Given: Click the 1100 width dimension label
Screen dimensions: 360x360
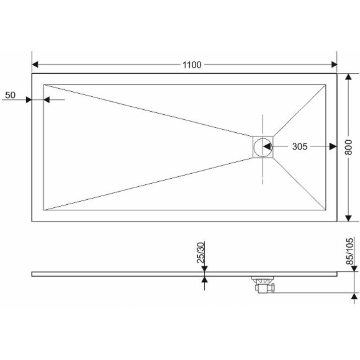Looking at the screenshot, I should click(192, 65).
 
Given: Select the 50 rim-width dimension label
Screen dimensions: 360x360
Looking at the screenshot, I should click(10, 95).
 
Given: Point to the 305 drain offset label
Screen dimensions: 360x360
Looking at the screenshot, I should click(300, 146).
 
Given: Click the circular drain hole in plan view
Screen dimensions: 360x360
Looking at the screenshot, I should click(263, 147).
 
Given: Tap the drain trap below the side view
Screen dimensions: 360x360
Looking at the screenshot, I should click(263, 286).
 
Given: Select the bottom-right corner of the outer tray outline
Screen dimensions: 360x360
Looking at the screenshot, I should click(337, 221).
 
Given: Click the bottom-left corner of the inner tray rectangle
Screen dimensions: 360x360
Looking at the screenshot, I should click(43, 210).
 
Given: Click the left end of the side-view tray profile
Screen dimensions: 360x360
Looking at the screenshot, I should click(32, 273).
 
